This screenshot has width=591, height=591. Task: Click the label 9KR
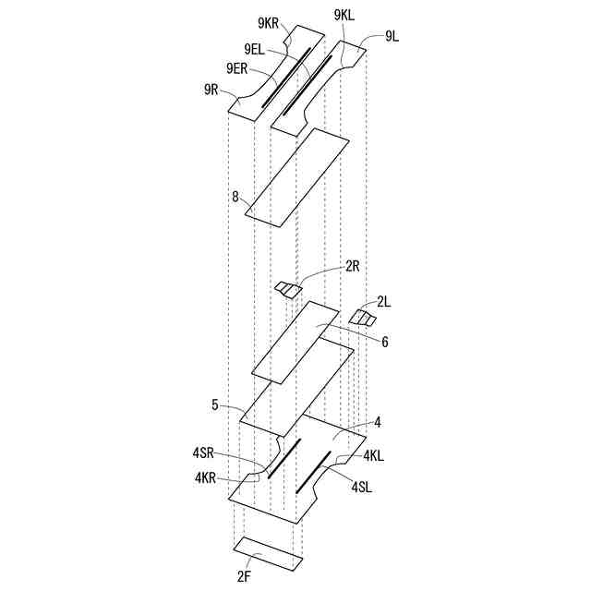pos(269,23)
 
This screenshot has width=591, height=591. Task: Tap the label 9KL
pos(344,16)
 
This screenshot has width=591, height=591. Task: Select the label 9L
pos(392,37)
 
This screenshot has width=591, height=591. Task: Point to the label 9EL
pos(255,49)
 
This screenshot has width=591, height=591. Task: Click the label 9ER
pos(237,68)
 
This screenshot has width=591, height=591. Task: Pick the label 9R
pos(211,90)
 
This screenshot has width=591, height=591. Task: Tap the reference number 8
pos(235,197)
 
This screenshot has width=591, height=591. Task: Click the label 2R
pos(353,267)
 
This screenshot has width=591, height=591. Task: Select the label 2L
pos(384,302)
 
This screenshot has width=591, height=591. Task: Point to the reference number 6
pos(384,342)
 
